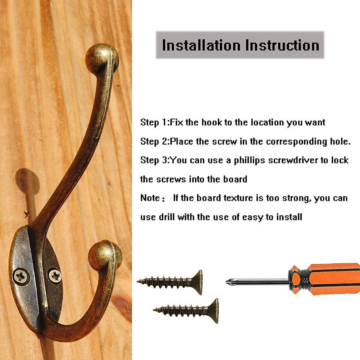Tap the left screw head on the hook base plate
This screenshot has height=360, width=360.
pyautogui.click(x=21, y=276)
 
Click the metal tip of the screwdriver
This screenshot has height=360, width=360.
pyautogui.click(x=229, y=281)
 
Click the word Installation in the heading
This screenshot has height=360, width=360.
pyautogui.click(x=201, y=45)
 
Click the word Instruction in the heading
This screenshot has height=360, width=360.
pyautogui.click(x=282, y=45)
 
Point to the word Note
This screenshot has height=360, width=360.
pyautogui.click(x=150, y=198)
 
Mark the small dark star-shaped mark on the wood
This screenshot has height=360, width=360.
pyautogui.click(x=27, y=214)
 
